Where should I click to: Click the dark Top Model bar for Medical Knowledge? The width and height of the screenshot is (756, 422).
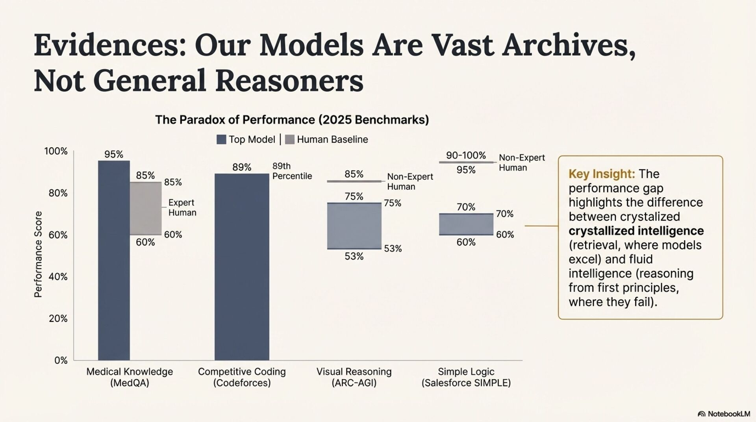[x=114, y=260]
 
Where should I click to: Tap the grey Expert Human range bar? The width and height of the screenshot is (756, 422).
[x=146, y=208]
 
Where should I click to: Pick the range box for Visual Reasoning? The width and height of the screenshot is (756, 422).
[x=354, y=226]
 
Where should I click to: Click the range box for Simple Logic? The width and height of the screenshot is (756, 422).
[x=466, y=224]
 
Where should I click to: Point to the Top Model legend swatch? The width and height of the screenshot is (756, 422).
[x=221, y=139]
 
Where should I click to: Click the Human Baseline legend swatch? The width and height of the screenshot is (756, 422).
[x=289, y=139]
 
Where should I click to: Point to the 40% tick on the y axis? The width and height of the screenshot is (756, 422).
[x=58, y=277]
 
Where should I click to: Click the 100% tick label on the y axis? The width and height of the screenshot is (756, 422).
[x=56, y=151]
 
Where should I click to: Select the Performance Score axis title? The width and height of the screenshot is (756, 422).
[x=38, y=254]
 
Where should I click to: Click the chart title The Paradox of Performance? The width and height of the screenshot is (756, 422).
[x=292, y=120]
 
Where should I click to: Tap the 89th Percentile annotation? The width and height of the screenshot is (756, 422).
[x=292, y=171]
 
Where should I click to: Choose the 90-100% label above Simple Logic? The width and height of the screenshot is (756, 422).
[x=466, y=155]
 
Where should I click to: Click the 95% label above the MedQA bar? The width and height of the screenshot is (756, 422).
[x=114, y=154]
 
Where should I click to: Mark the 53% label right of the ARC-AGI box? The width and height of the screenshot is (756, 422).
[x=393, y=248]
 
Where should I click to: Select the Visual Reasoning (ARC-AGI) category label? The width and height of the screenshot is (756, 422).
[x=354, y=377]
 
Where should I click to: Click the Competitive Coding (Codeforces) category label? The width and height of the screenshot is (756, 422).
[x=242, y=377]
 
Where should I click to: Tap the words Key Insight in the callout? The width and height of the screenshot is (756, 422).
[x=601, y=174]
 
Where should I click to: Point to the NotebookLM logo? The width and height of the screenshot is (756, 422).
[x=724, y=414]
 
